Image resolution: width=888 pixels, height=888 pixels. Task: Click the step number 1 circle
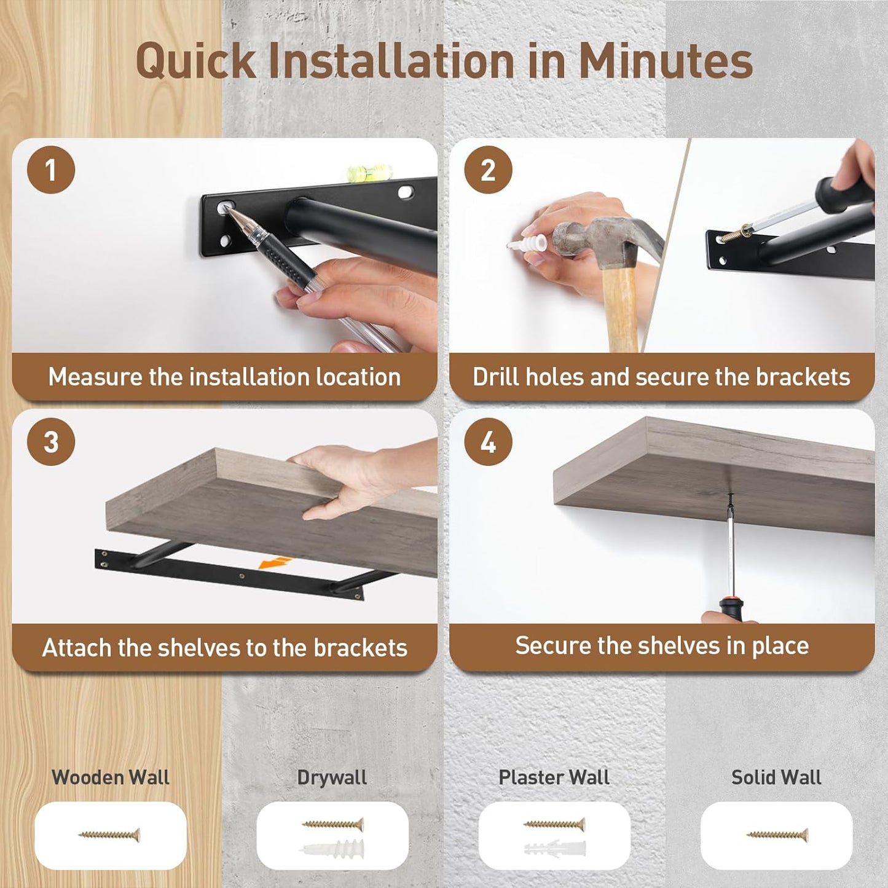point(50,170)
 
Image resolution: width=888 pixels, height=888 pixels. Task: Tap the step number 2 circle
point(488,170)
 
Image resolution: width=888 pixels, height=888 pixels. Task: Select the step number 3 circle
point(50,441)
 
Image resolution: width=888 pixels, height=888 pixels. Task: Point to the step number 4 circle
point(488,441)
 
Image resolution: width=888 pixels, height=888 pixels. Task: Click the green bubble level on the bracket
point(369,173)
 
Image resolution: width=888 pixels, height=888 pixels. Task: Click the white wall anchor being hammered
point(527,243)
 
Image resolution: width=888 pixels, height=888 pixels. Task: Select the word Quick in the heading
point(196,61)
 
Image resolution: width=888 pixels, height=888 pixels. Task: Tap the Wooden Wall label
point(111,777)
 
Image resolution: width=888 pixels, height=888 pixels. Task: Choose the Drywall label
point(332,778)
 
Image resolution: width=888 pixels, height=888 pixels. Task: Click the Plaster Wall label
point(554,777)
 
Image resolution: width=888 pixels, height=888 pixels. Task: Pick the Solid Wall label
point(777,777)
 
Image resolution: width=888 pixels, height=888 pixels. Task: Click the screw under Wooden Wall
point(109,835)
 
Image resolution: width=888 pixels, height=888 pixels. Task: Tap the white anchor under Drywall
point(332,849)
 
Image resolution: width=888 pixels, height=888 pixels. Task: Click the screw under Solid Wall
point(777,835)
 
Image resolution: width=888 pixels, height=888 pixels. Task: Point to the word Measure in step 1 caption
point(95,377)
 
